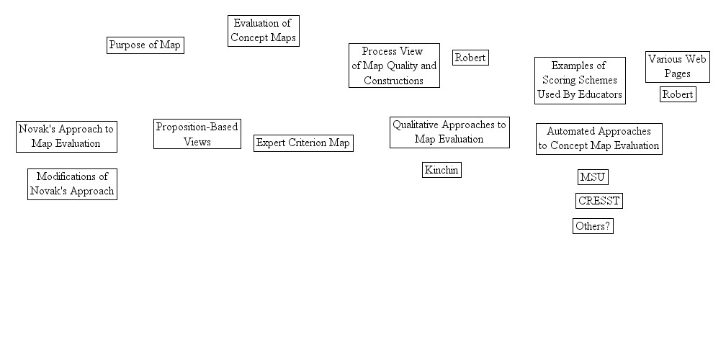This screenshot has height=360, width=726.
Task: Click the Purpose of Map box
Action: (145, 45)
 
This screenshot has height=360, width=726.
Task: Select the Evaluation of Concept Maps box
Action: (263, 31)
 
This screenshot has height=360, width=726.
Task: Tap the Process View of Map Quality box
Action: (393, 66)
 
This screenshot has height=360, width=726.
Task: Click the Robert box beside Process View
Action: (470, 58)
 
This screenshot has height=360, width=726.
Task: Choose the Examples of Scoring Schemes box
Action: (579, 80)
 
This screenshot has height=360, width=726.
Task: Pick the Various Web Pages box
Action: (677, 66)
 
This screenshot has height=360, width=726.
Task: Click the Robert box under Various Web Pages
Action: (678, 94)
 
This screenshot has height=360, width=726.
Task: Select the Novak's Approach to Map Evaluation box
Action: (66, 136)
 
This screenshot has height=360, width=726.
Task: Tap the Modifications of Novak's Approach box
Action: (72, 184)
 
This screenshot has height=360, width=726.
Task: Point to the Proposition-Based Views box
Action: (197, 134)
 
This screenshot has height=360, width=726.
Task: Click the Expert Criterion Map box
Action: (303, 143)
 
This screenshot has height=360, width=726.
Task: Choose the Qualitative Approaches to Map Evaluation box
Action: (449, 132)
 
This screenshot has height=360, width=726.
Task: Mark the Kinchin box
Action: (441, 170)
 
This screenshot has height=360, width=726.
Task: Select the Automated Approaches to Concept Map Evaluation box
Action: (599, 138)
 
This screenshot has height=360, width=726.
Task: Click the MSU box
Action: (593, 177)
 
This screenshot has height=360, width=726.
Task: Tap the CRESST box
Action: (599, 201)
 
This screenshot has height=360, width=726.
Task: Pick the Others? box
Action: (593, 226)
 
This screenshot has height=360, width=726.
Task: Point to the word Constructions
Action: (393, 81)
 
